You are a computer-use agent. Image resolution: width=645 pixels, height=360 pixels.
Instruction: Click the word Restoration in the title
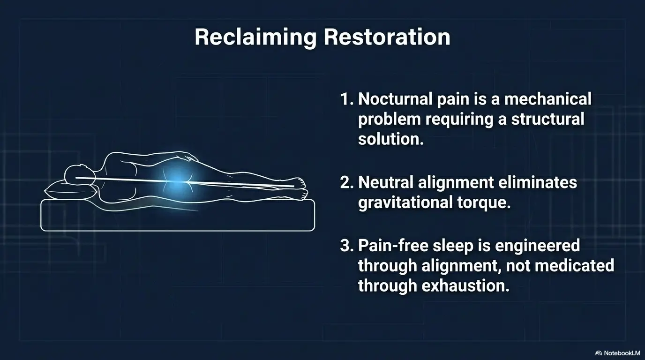tap(387, 37)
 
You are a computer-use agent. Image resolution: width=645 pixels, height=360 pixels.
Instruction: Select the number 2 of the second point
tap(346, 182)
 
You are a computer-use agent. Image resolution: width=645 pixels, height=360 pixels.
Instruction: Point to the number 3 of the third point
tap(346, 245)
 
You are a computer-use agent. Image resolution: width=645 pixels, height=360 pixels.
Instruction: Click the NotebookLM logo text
tap(620, 352)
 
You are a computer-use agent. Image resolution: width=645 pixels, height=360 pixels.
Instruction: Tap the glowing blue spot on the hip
tap(175, 184)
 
